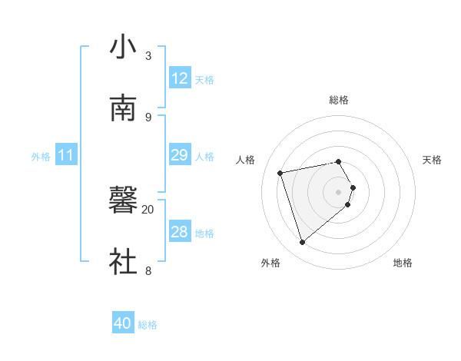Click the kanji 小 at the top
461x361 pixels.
pos(123,47)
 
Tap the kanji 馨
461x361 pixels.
pos(123,202)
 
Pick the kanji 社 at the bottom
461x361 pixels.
pos(123,261)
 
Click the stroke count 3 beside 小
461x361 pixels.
pos(148,56)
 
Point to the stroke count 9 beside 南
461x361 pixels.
pos(148,117)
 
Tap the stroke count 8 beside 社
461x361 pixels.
pos(148,270)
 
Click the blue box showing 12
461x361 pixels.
pos(180,78)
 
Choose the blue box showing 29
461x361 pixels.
pos(180,155)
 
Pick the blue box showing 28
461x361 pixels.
pos(180,232)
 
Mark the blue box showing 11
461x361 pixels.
pos(66,155)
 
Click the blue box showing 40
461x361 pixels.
pos(123,323)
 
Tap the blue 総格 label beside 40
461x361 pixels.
pos(148,325)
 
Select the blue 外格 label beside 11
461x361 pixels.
pos(41,157)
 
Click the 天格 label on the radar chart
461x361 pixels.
pos(433,160)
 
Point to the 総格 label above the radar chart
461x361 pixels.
pos(339,100)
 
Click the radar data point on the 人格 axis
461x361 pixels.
pos(281,172)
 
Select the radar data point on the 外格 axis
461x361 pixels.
pos(303,243)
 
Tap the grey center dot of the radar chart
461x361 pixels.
pos(339,191)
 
